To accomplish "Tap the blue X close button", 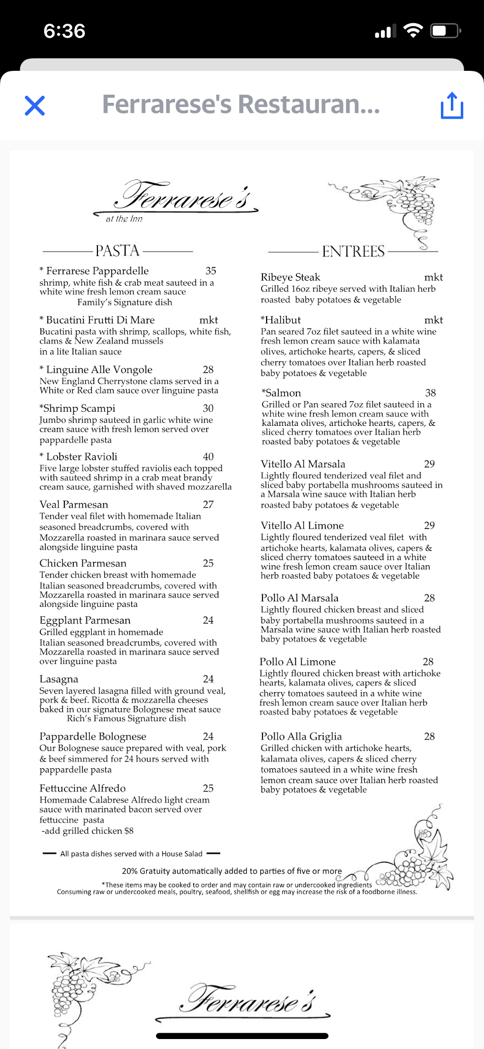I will [35, 105].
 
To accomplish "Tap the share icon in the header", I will [452, 105].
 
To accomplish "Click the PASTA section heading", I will [117, 251].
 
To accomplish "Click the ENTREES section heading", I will [353, 251].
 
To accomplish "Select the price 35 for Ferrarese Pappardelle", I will [211, 271].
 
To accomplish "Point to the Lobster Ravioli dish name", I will [81, 456].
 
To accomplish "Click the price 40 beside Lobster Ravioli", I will [208, 456].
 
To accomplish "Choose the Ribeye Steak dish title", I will [290, 277].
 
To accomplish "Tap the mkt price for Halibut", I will [433, 320].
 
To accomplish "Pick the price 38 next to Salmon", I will [431, 393].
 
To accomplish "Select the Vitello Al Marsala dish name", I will [303, 464].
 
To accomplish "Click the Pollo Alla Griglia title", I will [301, 736].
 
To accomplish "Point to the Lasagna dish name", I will [59, 679].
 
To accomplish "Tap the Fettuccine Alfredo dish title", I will [83, 788].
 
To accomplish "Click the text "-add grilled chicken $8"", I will [87, 831].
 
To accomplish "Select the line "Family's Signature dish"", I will [125, 302].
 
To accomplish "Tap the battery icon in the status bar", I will [445, 31].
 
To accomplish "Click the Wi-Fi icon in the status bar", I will [413, 31].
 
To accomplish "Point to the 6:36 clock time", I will [64, 31].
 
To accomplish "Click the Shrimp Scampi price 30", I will [208, 408].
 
